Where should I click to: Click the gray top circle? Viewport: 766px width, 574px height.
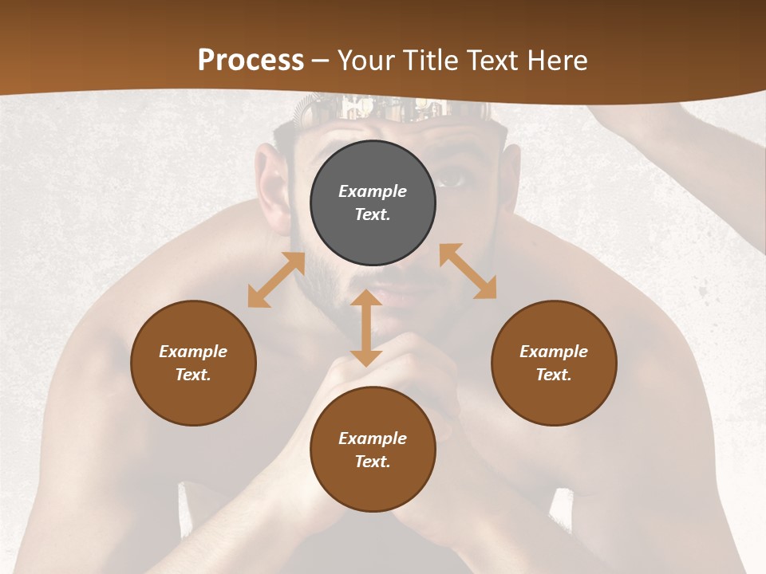click(373, 203)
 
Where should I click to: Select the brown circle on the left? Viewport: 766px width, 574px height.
click(193, 363)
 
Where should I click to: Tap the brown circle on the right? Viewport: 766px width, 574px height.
click(554, 363)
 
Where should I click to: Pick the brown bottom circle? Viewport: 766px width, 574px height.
click(373, 450)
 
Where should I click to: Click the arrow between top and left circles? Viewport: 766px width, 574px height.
click(276, 280)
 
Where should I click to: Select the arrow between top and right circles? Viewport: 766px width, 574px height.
click(468, 271)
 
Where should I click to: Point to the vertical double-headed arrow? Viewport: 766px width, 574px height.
click(366, 328)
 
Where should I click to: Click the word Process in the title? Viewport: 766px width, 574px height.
click(251, 60)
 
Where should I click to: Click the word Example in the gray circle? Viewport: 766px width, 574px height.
click(373, 191)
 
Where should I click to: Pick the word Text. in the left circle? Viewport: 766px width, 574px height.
click(193, 375)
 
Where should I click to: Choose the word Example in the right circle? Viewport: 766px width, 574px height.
click(554, 352)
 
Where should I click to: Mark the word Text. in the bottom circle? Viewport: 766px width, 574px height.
click(373, 462)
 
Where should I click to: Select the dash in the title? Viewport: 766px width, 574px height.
click(320, 61)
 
